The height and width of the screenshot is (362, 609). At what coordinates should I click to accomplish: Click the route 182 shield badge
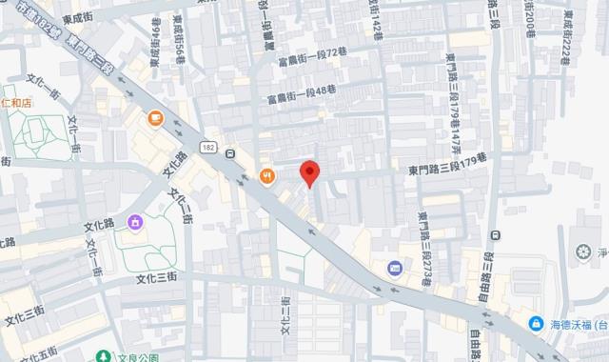206,149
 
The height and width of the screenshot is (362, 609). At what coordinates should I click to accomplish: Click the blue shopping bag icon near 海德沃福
537,324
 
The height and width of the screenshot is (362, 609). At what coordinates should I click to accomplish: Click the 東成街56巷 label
179,42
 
